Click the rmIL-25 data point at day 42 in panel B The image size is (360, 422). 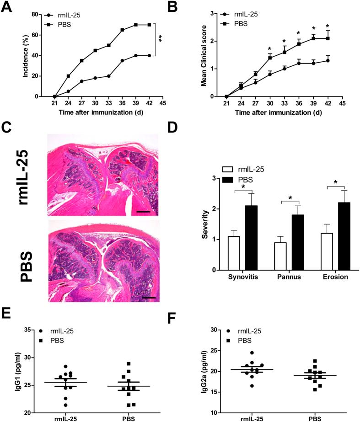(328, 60)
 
